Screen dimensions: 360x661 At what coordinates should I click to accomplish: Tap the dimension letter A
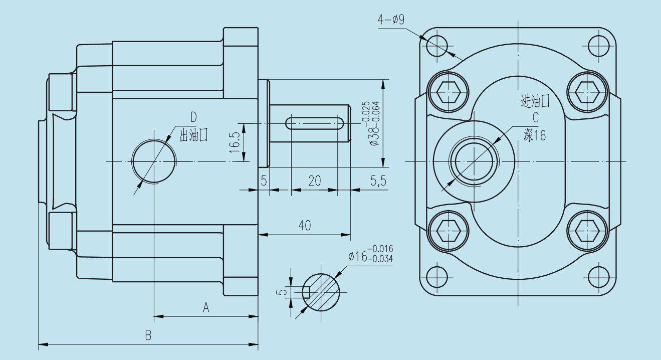pyautogui.click(x=205, y=307)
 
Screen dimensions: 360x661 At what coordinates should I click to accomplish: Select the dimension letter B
pyautogui.click(x=148, y=335)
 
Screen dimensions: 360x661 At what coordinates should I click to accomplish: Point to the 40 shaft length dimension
pyautogui.click(x=304, y=225)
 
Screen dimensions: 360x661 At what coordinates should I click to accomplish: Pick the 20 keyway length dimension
pyautogui.click(x=314, y=181)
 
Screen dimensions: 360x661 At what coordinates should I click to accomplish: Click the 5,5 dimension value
pyautogui.click(x=378, y=181)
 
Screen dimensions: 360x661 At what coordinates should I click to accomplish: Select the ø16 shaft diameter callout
pyautogui.click(x=370, y=253)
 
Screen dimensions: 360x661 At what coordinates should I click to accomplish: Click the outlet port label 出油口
pyautogui.click(x=193, y=134)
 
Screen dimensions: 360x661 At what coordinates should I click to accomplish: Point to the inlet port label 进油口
pyautogui.click(x=535, y=102)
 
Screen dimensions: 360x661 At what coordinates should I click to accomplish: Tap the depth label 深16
pyautogui.click(x=534, y=135)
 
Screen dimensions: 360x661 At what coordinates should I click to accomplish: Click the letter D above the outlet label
pyautogui.click(x=193, y=118)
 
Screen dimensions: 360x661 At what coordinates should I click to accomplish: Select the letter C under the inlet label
pyautogui.click(x=535, y=118)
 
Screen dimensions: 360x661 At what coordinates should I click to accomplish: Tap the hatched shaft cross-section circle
pyautogui.click(x=321, y=291)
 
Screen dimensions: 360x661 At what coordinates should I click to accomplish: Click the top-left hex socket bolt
pyautogui.click(x=448, y=92)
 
